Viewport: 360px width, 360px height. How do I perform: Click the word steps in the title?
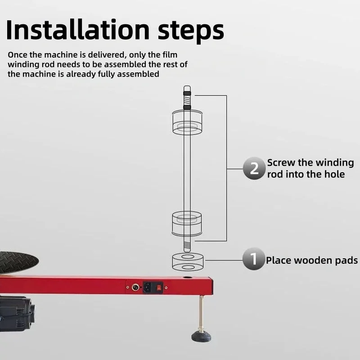click(191, 32)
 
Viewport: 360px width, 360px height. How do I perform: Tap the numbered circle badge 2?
click(254, 168)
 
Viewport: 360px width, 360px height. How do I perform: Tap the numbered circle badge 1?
click(254, 259)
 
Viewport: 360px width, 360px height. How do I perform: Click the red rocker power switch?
click(159, 287)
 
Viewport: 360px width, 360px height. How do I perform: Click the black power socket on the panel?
click(148, 287)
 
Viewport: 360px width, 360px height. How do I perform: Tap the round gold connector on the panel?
click(135, 287)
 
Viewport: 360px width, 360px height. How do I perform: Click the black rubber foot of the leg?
click(201, 336)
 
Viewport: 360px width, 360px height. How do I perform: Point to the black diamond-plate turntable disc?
click(18, 262)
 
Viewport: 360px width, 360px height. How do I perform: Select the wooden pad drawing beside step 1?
click(188, 261)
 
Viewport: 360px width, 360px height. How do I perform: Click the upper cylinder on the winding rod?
click(187, 122)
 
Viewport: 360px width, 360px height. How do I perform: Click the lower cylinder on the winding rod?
click(187, 224)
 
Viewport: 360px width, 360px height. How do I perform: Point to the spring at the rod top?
click(187, 100)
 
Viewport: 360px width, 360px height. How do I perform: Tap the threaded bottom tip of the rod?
click(187, 247)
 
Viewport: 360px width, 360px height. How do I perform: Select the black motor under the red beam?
click(17, 314)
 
